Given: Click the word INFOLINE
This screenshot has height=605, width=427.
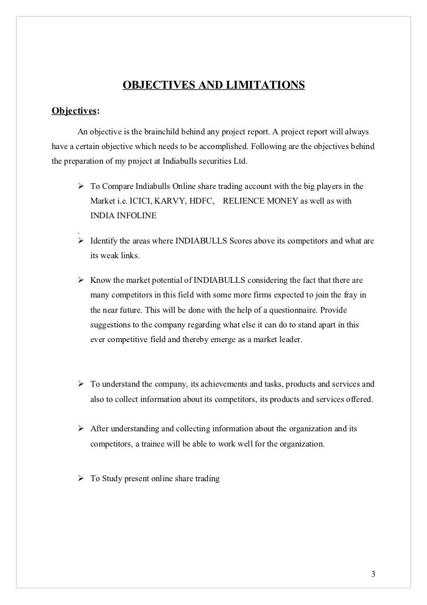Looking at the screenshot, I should coord(140,215).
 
